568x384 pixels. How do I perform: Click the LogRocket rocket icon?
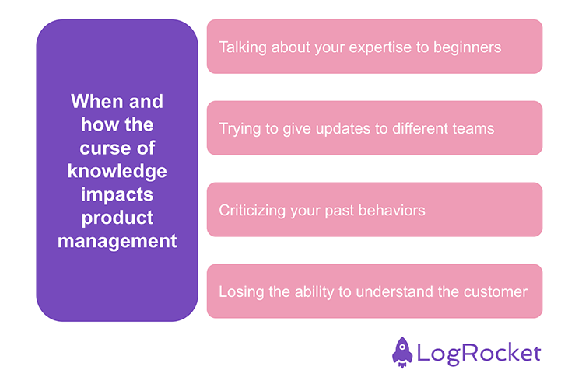pyautogui.click(x=401, y=352)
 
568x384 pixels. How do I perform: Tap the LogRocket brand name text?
pyautogui.click(x=479, y=354)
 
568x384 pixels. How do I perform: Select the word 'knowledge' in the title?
pyautogui.click(x=117, y=171)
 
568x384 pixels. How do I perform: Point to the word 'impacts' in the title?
pyautogui.click(x=117, y=194)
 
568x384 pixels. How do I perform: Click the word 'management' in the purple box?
pyautogui.click(x=117, y=241)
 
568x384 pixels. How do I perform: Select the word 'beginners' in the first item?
pyautogui.click(x=468, y=47)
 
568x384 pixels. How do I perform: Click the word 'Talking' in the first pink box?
pyautogui.click(x=242, y=47)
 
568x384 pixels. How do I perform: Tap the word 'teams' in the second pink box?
pyautogui.click(x=472, y=128)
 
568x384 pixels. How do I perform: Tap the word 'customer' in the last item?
pyautogui.click(x=495, y=292)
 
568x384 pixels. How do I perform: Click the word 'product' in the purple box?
pyautogui.click(x=117, y=218)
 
